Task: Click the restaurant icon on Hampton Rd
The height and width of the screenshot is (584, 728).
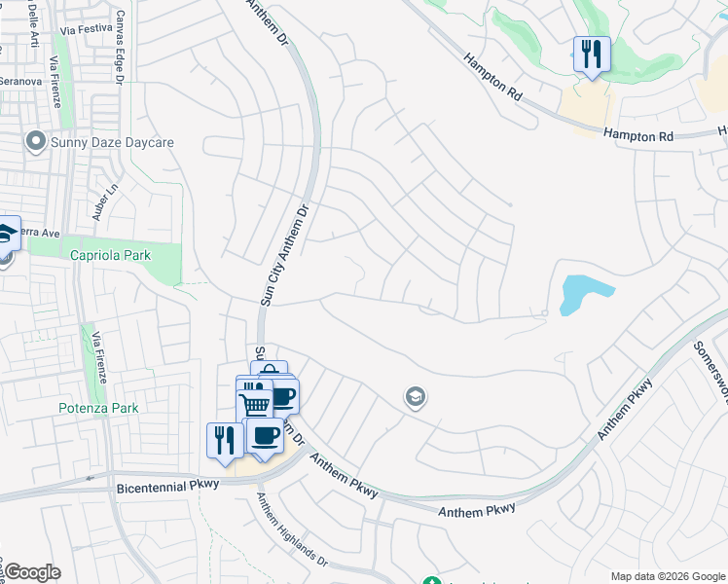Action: [591, 54]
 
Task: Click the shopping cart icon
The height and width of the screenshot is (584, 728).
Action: [254, 402]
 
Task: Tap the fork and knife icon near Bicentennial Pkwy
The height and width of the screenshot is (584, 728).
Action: [225, 439]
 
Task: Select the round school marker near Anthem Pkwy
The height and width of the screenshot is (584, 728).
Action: [416, 396]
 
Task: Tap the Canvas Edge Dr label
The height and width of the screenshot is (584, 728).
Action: [121, 48]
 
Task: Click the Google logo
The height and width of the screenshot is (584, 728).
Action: [32, 572]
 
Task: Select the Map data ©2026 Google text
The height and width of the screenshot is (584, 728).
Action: [666, 575]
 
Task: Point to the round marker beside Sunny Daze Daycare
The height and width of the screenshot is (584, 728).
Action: [37, 142]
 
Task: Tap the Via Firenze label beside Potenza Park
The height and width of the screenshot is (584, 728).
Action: [98, 356]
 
